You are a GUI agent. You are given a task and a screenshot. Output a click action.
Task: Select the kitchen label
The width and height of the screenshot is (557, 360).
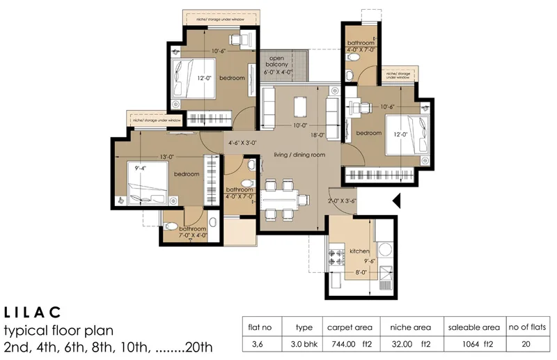pyautogui.click(x=359, y=251)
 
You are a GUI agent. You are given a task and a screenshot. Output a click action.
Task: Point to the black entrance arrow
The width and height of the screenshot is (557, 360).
pyautogui.click(x=396, y=201)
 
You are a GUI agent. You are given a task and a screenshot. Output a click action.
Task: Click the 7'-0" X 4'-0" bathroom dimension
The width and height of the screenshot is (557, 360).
pyautogui.click(x=193, y=236)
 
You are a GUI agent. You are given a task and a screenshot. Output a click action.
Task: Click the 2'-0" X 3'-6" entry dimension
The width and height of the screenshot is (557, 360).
pyautogui.click(x=343, y=201)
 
